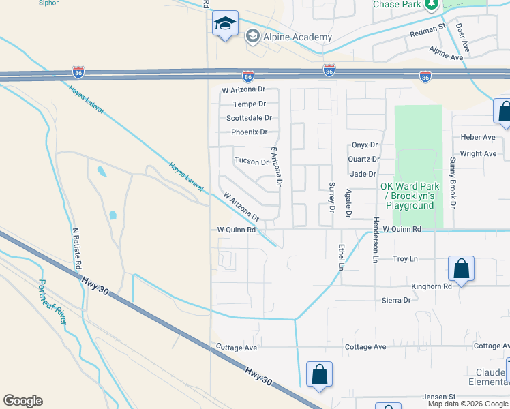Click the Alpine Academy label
pos(299,37)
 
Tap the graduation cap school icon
pos(225,25)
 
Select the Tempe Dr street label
pos(249,104)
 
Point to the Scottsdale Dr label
pos(249,118)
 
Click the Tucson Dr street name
pos(252,162)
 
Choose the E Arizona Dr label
pos(275,167)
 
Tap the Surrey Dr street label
pos(332,197)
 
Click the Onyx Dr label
pos(365,145)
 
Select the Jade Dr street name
pos(363,174)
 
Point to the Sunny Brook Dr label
pos(452,182)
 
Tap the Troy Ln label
pos(406,259)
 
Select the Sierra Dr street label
pos(397,300)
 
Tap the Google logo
pos(22,401)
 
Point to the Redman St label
pos(427,33)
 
